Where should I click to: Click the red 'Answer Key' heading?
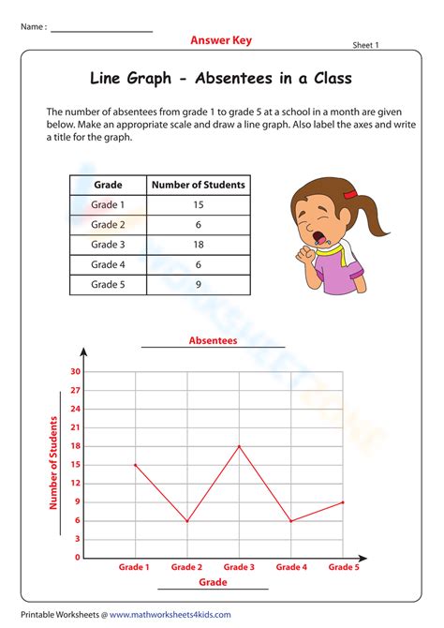click(221, 40)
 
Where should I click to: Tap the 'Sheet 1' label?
click(372, 44)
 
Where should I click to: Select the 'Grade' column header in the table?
click(107, 185)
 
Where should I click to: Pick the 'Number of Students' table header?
click(198, 185)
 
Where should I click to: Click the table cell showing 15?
click(198, 205)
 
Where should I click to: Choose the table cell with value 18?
click(198, 246)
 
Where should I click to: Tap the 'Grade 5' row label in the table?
click(107, 285)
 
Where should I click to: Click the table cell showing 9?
click(198, 285)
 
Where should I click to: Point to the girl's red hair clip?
click(349, 194)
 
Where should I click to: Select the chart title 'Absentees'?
click(213, 340)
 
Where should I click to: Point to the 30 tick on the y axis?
click(75, 372)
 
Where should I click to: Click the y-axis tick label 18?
click(75, 446)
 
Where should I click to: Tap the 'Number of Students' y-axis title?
click(54, 465)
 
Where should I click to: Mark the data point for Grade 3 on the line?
click(239, 446)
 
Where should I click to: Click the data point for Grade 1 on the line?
click(135, 465)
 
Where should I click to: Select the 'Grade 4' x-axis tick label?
click(290, 567)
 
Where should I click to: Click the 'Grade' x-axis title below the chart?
click(213, 582)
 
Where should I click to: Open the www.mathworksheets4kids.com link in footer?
click(170, 615)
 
